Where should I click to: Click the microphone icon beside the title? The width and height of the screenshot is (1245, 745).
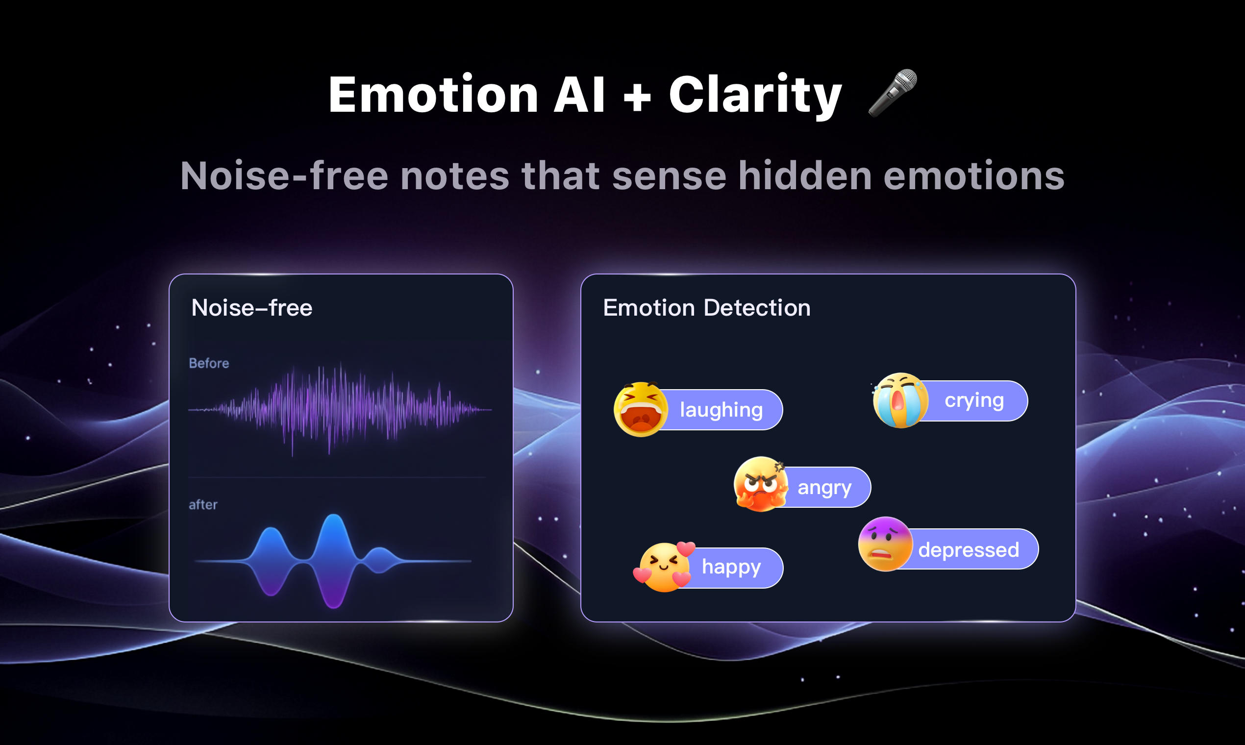click(893, 94)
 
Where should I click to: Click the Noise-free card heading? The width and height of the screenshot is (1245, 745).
click(252, 308)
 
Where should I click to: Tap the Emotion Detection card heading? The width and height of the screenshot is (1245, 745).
click(707, 308)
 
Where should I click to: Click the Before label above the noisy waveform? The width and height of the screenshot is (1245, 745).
click(209, 363)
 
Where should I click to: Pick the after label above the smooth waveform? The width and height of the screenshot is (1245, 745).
click(203, 504)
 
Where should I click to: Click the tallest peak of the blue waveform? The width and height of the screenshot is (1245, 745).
click(334, 517)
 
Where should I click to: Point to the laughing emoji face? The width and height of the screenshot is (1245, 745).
click(641, 409)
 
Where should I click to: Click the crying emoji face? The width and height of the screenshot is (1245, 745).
click(900, 400)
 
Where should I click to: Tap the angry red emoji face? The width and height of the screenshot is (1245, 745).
click(761, 484)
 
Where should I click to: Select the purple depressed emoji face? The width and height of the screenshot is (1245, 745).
click(886, 544)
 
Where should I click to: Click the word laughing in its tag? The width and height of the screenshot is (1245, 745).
click(722, 410)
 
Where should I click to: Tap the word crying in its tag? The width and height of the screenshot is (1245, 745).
click(974, 400)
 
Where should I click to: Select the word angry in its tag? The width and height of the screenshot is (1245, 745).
click(825, 488)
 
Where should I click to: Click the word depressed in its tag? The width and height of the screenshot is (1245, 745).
click(969, 550)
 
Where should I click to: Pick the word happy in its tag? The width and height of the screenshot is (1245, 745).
click(731, 567)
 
